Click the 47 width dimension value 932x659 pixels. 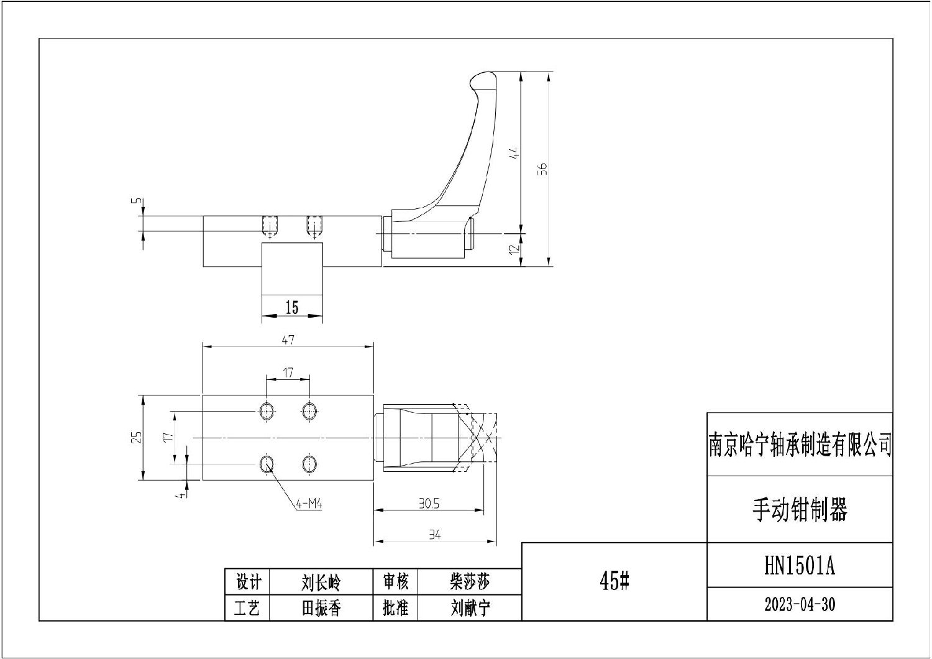288,339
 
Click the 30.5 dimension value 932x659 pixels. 428,504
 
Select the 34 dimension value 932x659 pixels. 434,535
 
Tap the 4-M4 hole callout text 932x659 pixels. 309,505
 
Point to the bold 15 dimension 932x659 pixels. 291,308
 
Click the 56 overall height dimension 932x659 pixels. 542,168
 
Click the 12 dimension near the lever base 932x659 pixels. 513,249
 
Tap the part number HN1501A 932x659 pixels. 799,566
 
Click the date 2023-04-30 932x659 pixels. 799,604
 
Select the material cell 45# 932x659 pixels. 614,581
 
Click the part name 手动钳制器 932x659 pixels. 799,510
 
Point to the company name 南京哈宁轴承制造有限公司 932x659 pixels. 800,445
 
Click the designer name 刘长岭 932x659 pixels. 321,583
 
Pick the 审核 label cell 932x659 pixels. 395,583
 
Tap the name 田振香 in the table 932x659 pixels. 321,608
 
